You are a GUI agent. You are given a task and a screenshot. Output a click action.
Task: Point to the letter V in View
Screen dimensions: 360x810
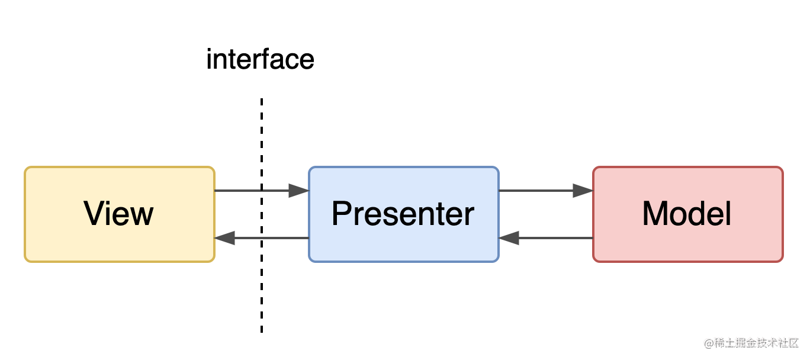[x=95, y=213]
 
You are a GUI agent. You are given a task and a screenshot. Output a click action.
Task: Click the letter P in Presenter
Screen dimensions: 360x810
[x=342, y=213]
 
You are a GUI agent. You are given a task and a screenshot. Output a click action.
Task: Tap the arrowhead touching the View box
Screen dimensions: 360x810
[x=225, y=238]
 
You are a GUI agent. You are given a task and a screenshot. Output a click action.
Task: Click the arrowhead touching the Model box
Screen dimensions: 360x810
[x=583, y=191]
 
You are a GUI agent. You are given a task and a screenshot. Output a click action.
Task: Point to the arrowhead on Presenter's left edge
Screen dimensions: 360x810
[x=298, y=191]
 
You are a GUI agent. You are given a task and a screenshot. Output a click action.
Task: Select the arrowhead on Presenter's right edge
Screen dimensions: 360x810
[x=509, y=238]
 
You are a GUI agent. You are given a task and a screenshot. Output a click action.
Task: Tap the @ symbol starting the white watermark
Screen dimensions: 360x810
[x=708, y=342]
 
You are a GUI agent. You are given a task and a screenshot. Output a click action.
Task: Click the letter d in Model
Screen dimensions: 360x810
[x=698, y=213]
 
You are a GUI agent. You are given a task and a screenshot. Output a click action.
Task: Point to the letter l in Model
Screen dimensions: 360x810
[x=728, y=213]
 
